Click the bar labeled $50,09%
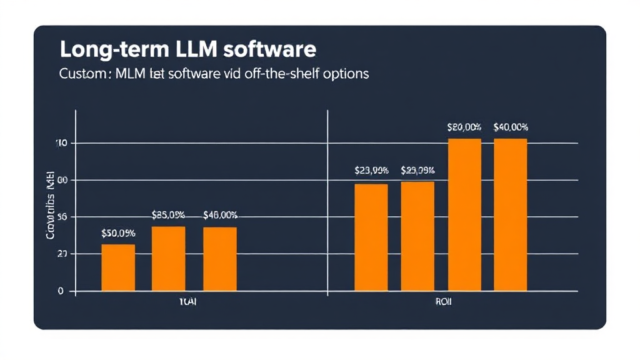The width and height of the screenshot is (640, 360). tap(117, 267)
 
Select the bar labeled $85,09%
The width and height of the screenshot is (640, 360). tap(168, 259)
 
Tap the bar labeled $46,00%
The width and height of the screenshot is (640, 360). tap(219, 259)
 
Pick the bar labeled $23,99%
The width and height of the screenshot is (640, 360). tap(371, 237)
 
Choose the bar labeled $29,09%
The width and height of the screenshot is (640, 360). tap(417, 236)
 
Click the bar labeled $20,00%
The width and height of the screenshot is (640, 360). tap(464, 214)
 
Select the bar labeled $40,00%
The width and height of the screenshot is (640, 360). tap(510, 214)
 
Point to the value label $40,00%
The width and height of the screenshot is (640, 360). tap(510, 127)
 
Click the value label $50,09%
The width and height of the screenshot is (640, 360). tap(117, 233)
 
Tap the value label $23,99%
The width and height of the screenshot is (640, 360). tap(371, 170)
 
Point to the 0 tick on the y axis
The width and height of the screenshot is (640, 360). tap(61, 291)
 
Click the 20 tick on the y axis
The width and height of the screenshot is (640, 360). tap(61, 254)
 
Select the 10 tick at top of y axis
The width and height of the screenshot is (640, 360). tap(61, 143)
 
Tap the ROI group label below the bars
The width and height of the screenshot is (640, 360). tap(443, 302)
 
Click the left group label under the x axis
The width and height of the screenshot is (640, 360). tap(187, 302)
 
